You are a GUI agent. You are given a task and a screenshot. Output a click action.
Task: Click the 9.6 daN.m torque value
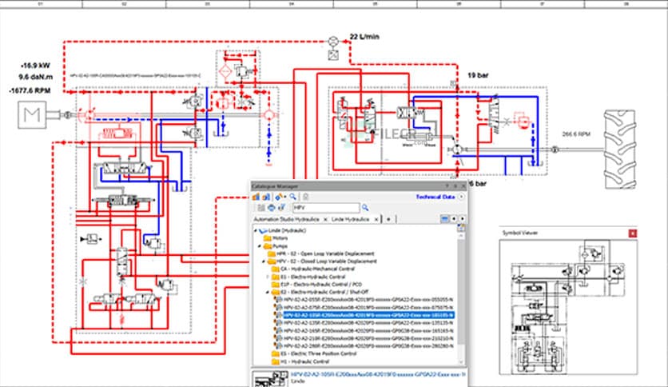37,78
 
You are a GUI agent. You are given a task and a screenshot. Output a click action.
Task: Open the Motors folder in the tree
280,237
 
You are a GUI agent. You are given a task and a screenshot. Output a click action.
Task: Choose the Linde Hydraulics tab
352,218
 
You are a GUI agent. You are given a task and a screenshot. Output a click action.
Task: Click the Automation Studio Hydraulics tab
286,218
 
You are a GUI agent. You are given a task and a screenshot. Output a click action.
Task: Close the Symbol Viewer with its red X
632,233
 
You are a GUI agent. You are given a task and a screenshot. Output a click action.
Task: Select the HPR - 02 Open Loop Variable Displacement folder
331,253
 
